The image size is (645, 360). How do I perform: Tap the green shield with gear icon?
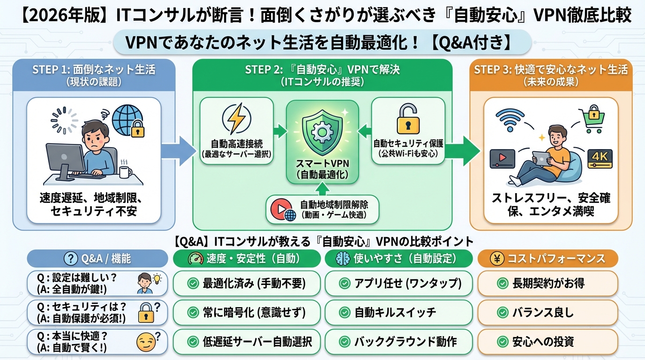(x=322, y=132)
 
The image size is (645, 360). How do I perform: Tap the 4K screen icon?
(x=600, y=157)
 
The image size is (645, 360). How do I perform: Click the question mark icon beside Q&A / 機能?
(x=71, y=258)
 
